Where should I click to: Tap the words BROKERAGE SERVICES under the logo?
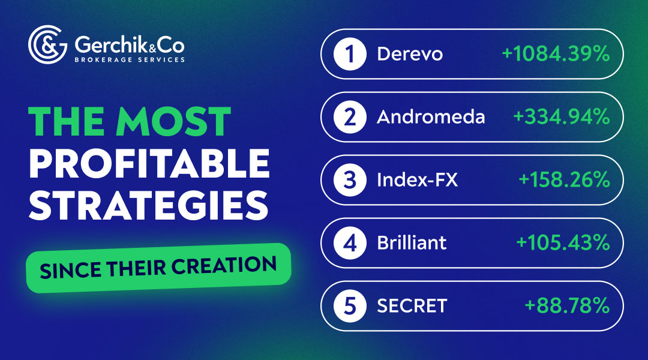[129, 59]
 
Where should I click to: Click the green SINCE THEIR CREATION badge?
[158, 268]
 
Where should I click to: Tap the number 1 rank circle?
[349, 54]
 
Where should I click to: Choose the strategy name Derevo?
[410, 54]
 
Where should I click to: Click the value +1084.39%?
[556, 54]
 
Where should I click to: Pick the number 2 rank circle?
[349, 117]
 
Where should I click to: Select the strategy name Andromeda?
[431, 117]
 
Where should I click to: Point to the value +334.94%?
[561, 117]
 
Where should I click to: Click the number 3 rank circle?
[349, 180]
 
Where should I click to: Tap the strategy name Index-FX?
[418, 180]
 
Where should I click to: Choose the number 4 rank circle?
[349, 243]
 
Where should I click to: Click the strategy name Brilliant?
[412, 243]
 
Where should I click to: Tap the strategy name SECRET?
[412, 306]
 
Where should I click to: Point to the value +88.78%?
[567, 306]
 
